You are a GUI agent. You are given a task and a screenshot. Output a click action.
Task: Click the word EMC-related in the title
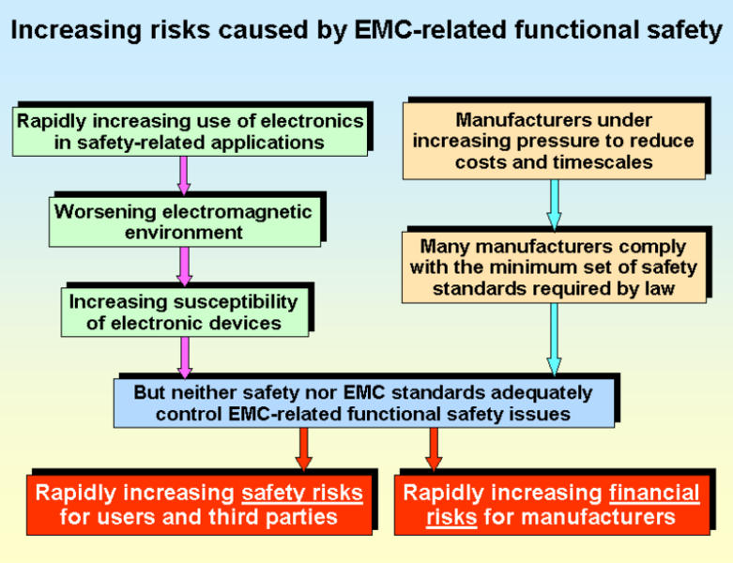[431, 29]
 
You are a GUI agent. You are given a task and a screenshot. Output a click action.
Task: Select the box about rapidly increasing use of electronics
[190, 131]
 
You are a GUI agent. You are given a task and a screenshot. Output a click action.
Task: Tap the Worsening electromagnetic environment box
[185, 222]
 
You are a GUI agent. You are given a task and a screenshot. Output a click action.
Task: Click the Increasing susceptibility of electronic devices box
[185, 312]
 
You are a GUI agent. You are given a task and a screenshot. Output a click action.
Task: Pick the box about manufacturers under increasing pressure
[554, 141]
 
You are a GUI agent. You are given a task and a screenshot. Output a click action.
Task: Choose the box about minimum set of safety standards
[554, 267]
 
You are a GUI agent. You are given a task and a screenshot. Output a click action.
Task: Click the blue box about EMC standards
[364, 403]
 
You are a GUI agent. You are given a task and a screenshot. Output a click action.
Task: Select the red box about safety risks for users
[200, 505]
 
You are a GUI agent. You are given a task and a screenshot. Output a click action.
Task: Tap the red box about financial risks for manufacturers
[552, 505]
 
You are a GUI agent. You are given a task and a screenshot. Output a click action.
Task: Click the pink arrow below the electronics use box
[184, 175]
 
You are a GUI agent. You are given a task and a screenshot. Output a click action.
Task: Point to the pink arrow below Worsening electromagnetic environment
[184, 266]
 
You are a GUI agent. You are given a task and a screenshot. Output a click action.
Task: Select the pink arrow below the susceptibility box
[185, 358]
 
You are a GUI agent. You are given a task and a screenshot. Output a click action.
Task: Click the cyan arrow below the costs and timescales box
[554, 205]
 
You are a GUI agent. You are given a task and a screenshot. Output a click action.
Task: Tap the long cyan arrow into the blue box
[554, 340]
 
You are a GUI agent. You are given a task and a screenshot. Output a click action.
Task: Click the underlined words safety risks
[302, 494]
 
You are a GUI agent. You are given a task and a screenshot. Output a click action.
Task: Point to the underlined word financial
[654, 494]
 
